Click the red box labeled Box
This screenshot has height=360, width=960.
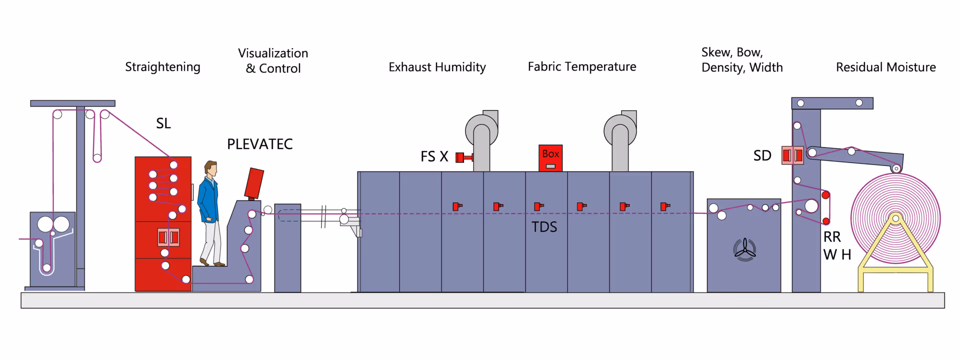(x=550, y=158)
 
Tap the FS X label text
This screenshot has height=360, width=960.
(x=434, y=156)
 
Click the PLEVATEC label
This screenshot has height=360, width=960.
(x=259, y=144)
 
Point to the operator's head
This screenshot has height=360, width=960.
(x=211, y=168)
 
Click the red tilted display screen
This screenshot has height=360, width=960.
(x=254, y=183)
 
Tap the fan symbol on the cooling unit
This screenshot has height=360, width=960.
(x=744, y=248)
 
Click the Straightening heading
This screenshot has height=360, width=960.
(x=162, y=67)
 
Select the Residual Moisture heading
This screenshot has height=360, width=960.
(x=885, y=67)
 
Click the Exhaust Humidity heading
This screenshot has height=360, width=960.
(x=437, y=67)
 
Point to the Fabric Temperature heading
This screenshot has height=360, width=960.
(x=582, y=66)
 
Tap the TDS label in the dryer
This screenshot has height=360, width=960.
(x=544, y=227)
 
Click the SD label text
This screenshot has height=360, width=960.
(x=762, y=156)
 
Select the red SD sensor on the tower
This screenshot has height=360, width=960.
(x=792, y=155)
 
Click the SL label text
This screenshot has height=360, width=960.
(x=163, y=123)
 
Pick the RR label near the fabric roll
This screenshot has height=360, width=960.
(x=832, y=237)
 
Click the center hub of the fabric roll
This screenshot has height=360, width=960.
(x=895, y=218)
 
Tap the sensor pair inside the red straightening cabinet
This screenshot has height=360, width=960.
(x=168, y=237)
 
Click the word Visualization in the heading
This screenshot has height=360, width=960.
(x=273, y=53)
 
